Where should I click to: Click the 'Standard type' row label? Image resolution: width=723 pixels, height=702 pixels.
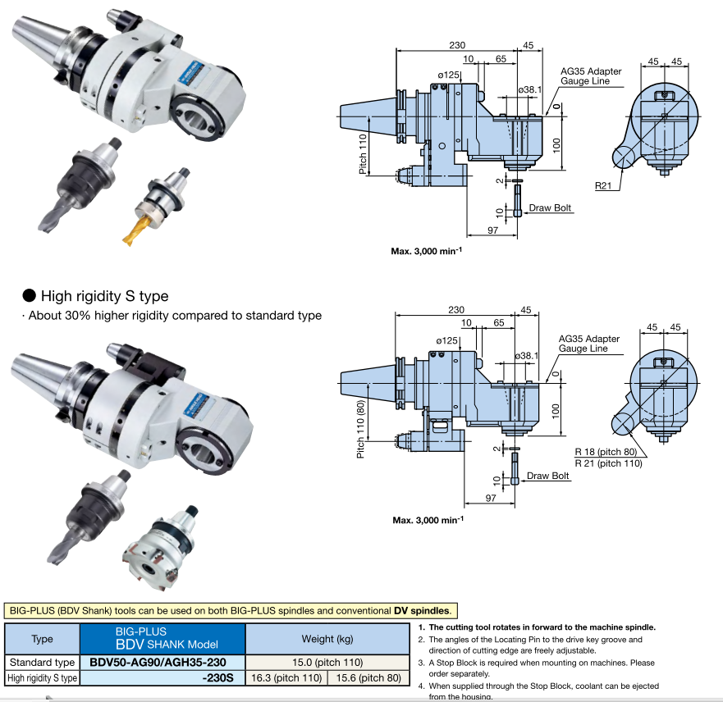pos(42,663)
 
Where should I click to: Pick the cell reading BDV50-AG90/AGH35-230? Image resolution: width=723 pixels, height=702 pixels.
pos(162,663)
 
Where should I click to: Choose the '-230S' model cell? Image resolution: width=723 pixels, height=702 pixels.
pos(217,678)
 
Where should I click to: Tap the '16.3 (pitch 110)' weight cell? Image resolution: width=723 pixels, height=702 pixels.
pos(286,678)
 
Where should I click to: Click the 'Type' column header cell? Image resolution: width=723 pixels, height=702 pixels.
pos(42,639)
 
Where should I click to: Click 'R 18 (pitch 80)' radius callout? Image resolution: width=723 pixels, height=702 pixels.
pos(609,453)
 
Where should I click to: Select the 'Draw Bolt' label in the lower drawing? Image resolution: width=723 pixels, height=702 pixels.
pos(548,476)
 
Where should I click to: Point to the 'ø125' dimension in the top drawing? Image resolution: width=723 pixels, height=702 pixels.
pos(450,75)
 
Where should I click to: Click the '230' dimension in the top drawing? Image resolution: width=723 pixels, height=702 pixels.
pos(458,46)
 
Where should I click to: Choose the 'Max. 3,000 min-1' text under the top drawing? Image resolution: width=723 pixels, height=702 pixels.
pos(427,252)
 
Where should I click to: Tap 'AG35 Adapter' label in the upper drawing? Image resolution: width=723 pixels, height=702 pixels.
pos(591,71)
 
